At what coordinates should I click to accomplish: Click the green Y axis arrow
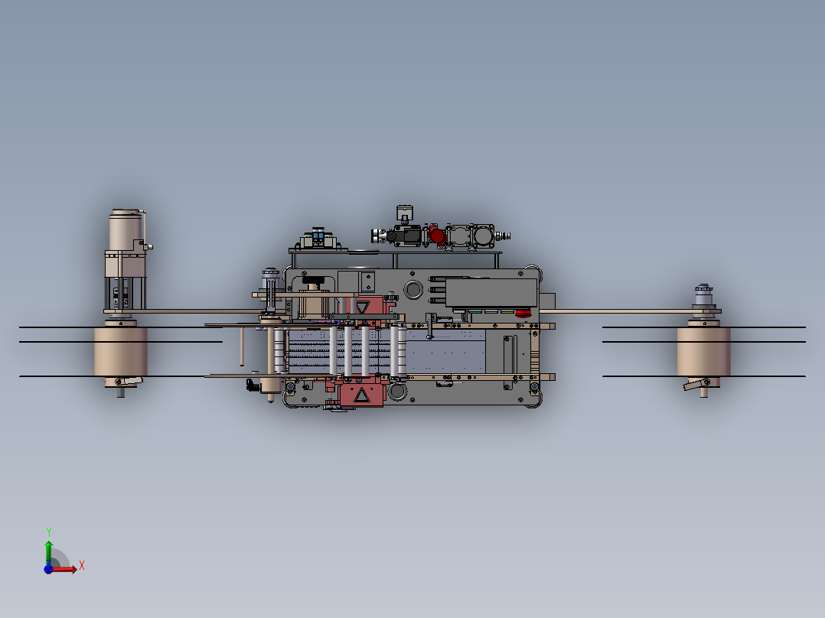pos(48,552)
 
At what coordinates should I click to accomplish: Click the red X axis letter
pos(82,566)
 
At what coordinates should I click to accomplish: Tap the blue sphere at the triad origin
pos(48,569)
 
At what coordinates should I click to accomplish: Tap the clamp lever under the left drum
pos(129,381)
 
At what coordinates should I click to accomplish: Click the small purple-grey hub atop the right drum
pos(703,295)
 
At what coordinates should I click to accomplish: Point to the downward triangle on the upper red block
pos(363,307)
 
